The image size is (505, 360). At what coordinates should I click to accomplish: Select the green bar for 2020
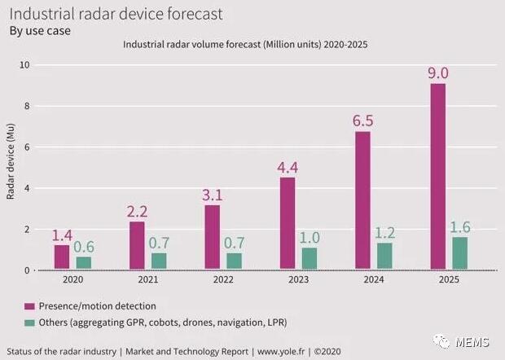[x=84, y=263]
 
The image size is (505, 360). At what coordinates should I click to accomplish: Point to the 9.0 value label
[x=438, y=73]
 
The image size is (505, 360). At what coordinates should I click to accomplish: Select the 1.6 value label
[x=460, y=227]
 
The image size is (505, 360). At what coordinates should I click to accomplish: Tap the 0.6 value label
[x=86, y=247]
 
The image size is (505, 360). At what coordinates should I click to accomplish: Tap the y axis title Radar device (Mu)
[x=11, y=168]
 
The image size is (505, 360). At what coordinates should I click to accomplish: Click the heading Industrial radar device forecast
[x=115, y=15]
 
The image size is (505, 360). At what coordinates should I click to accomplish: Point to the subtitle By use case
[x=39, y=31]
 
